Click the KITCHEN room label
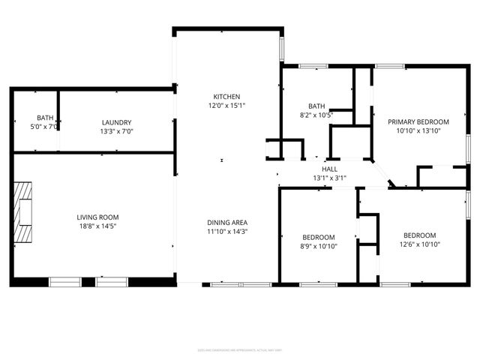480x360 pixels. (226, 97)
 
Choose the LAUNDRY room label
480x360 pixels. (117, 122)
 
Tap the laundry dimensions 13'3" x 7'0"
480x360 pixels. (117, 131)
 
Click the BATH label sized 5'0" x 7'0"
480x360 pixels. (45, 118)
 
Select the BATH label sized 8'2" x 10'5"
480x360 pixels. (316, 106)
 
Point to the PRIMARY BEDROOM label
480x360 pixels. (418, 121)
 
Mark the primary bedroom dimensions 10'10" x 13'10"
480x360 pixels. (418, 130)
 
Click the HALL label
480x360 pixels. (330, 169)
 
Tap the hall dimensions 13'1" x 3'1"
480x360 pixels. (330, 178)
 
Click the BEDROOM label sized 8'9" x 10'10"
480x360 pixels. (318, 237)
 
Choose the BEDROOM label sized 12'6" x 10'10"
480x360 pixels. (419, 235)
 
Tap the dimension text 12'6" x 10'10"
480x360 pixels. (419, 244)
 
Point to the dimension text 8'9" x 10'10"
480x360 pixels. (318, 246)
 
